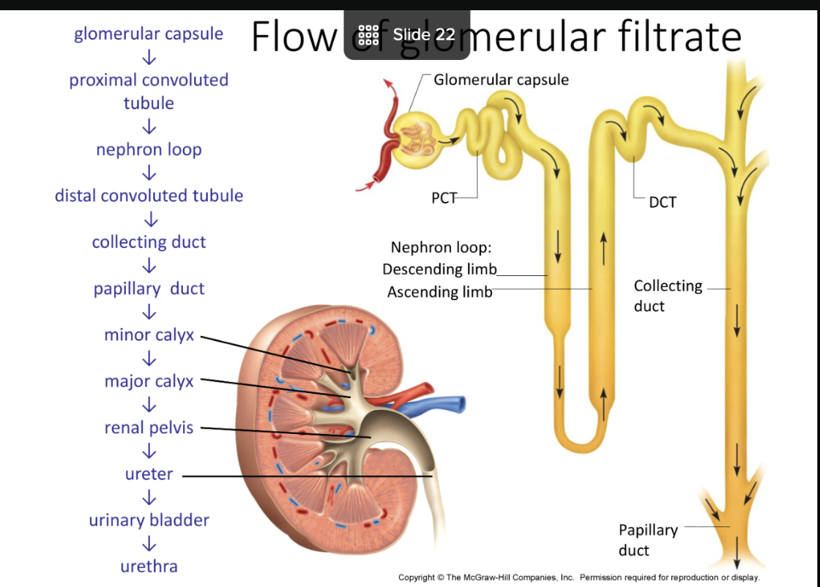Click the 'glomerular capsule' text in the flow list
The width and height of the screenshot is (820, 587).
click(x=149, y=34)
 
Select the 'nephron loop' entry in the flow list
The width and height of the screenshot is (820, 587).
click(x=149, y=149)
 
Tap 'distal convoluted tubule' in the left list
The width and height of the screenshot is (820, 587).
click(x=149, y=195)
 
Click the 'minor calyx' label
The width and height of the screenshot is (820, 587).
click(x=149, y=334)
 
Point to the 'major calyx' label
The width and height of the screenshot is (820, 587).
click(x=149, y=381)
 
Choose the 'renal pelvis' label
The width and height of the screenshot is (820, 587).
click(x=149, y=427)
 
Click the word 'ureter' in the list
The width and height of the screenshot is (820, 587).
click(x=149, y=474)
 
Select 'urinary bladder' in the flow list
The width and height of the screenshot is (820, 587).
click(x=149, y=520)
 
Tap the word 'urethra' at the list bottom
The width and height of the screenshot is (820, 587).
click(x=149, y=566)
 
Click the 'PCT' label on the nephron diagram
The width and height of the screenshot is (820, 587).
click(x=444, y=198)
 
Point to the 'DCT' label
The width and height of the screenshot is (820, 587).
click(x=663, y=202)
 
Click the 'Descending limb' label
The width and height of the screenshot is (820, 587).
click(x=439, y=269)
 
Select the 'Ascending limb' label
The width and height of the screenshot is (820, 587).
click(x=439, y=292)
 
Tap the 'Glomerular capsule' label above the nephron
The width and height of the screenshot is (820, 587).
click(x=501, y=80)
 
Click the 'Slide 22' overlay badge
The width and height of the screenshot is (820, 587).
click(x=408, y=34)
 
